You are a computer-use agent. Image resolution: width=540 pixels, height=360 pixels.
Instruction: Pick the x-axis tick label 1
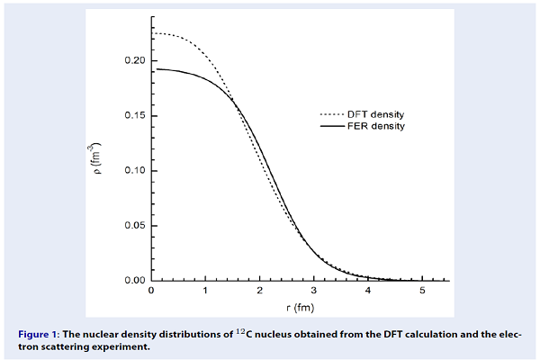point(205,292)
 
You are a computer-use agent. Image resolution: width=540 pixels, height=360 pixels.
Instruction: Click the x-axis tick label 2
point(259,292)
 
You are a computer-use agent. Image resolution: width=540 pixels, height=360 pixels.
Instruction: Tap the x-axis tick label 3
point(313,292)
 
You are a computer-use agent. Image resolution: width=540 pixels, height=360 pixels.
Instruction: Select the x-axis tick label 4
point(367,292)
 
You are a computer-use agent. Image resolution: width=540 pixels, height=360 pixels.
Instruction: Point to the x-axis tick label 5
point(421,292)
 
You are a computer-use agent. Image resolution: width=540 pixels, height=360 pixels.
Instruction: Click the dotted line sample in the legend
point(333,115)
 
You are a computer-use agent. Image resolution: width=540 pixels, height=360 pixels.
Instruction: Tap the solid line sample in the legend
point(333,127)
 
